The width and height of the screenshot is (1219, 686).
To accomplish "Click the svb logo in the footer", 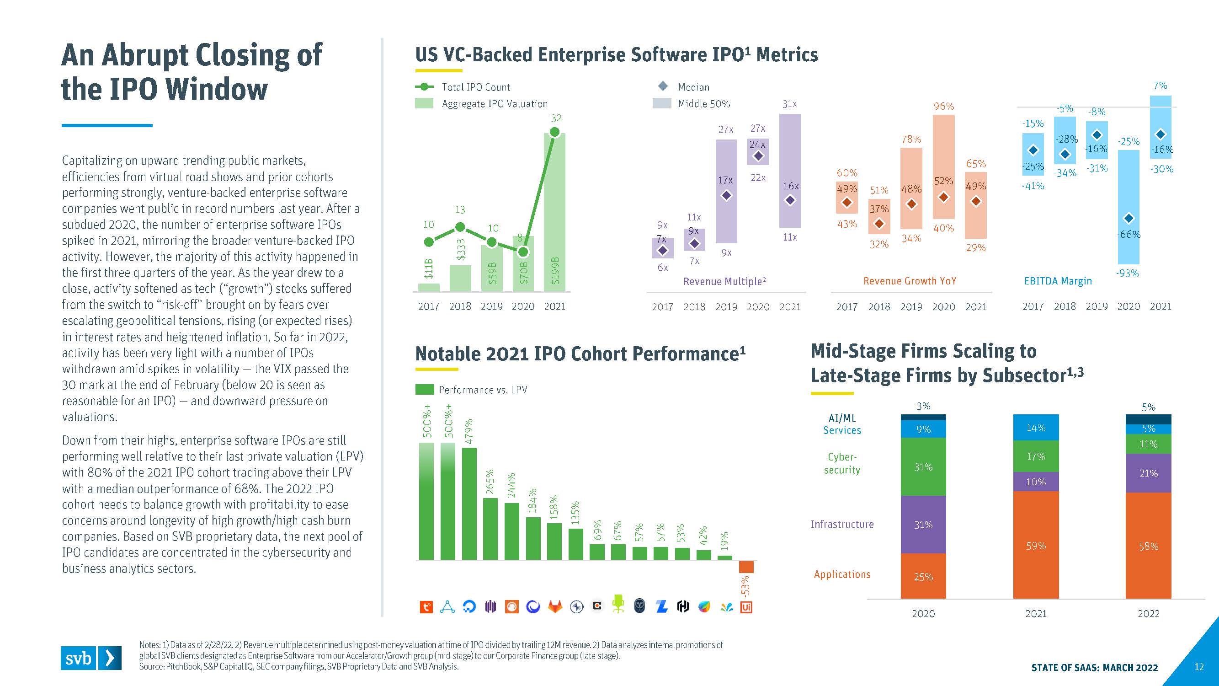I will click(x=91, y=658).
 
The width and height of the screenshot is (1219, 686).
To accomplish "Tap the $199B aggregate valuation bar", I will click(x=554, y=213).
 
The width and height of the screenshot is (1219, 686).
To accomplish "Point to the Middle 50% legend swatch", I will click(x=661, y=104).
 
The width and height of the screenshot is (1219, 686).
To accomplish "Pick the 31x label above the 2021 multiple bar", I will click(x=789, y=104).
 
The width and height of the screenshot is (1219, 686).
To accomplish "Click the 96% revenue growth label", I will click(x=943, y=107).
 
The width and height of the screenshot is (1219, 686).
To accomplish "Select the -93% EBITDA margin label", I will click(x=1127, y=273).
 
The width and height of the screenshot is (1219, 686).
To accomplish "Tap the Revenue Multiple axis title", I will click(x=724, y=281).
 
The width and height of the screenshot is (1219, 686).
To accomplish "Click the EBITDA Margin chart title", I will click(x=1058, y=281).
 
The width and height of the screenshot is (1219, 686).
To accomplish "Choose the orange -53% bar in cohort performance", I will click(x=746, y=567).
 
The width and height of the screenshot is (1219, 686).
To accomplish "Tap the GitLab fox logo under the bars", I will click(x=554, y=606).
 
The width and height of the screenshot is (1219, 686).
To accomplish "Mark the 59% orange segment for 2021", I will click(x=1036, y=546).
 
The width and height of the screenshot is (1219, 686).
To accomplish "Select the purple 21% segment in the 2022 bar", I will click(x=1148, y=473).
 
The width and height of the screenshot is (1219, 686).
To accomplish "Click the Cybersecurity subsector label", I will click(x=842, y=463).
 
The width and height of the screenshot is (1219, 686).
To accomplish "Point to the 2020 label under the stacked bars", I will click(x=923, y=614).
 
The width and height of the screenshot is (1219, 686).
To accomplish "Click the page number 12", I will click(x=1198, y=667).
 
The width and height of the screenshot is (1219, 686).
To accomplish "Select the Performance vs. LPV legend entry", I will click(x=482, y=390).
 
